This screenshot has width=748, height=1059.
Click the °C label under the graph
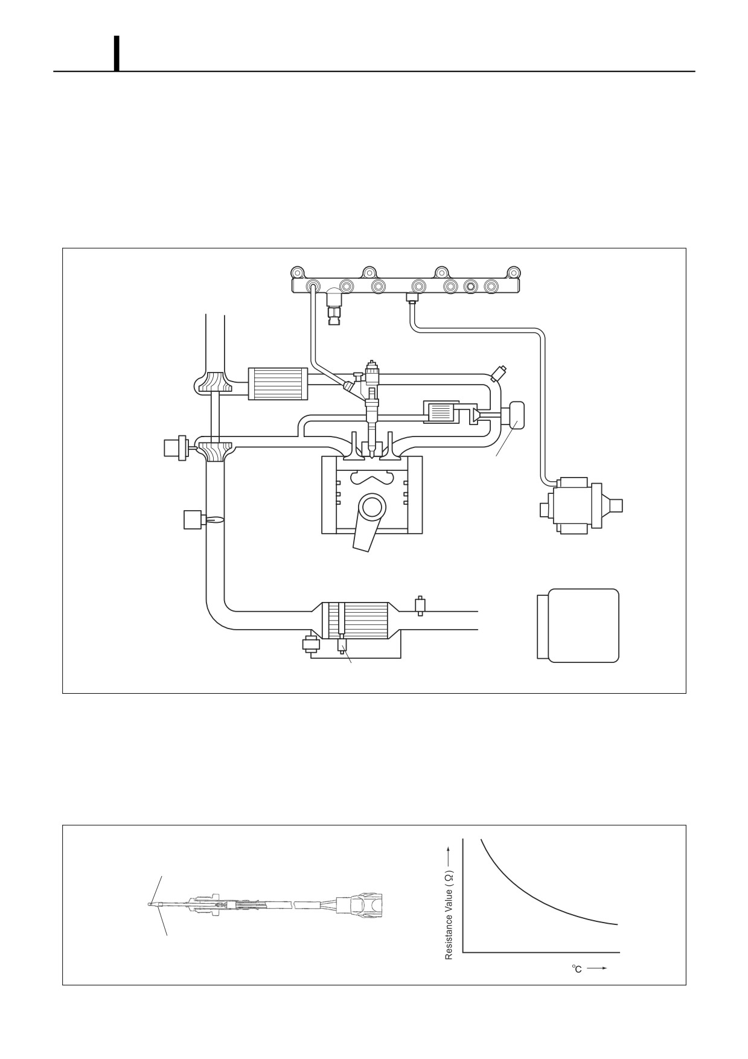tap(577, 969)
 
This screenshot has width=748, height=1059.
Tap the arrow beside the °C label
tap(596, 968)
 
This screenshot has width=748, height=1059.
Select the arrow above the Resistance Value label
tap(449, 856)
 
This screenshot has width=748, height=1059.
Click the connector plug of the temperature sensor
tap(361, 904)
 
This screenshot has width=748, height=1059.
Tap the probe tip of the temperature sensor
tap(151, 904)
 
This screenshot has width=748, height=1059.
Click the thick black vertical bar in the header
tap(117, 53)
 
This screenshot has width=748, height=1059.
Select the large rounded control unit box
tap(578, 625)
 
